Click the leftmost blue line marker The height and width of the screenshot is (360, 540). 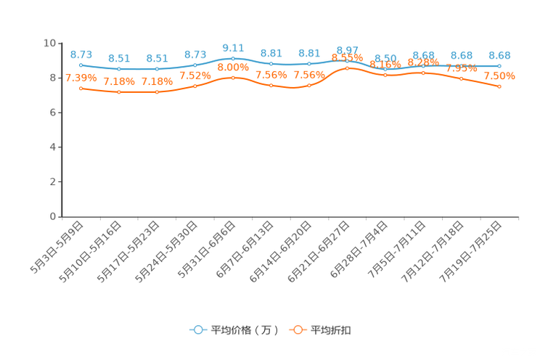(x=81, y=65)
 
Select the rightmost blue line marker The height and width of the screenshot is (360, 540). (x=500, y=66)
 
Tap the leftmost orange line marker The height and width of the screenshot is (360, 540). (x=81, y=88)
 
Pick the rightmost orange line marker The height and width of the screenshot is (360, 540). (x=500, y=86)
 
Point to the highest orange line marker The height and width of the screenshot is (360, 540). (x=348, y=67)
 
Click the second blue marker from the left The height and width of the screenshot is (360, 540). (x=119, y=69)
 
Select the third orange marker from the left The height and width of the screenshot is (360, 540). (x=157, y=92)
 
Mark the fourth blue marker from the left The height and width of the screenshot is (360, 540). (x=195, y=65)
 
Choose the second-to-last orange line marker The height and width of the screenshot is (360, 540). (x=462, y=78)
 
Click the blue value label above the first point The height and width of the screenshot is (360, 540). (x=81, y=54)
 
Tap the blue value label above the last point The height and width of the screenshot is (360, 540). (x=500, y=55)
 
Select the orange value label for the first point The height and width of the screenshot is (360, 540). (x=81, y=77)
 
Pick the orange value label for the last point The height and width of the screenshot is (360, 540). (x=500, y=76)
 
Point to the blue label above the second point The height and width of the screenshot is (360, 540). (x=119, y=58)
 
